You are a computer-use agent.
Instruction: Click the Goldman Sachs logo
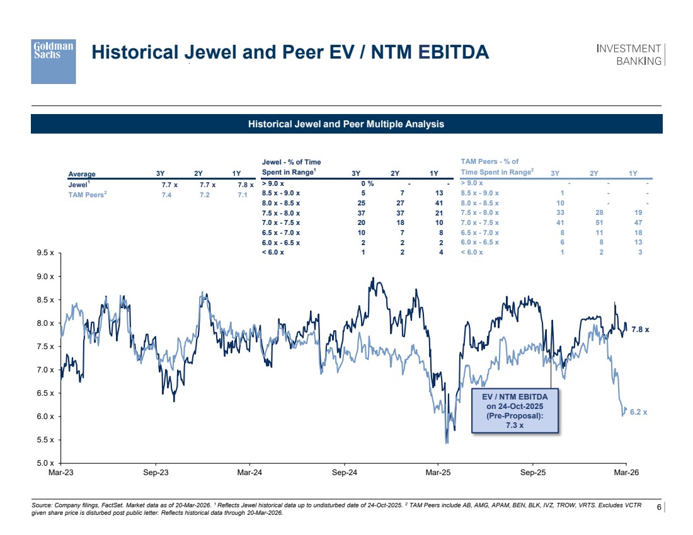(54, 61)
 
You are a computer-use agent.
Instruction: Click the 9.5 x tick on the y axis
(45, 253)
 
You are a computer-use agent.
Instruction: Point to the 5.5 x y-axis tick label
(45, 439)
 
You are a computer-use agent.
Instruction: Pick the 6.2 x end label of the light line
(639, 412)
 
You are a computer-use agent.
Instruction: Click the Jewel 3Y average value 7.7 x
(169, 185)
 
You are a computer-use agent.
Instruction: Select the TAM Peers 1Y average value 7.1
(242, 195)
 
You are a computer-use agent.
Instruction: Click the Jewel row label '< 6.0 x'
(272, 253)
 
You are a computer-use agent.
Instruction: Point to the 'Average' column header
(82, 174)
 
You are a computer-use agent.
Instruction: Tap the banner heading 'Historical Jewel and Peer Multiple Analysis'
(346, 124)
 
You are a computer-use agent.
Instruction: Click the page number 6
(659, 507)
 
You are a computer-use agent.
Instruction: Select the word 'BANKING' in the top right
(639, 61)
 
